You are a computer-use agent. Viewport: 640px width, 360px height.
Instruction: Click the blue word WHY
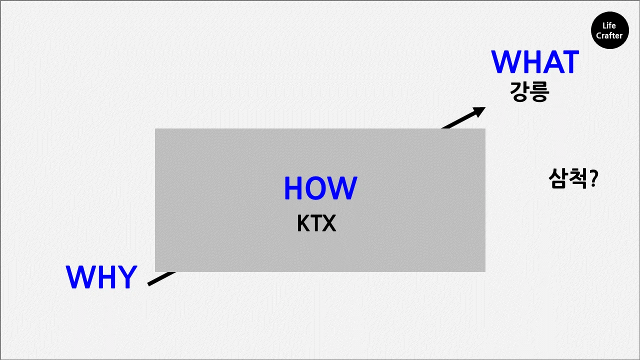pos(101,277)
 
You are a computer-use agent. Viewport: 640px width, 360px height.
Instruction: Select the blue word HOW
pos(320,188)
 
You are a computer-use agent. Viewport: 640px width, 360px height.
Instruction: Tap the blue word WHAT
pos(534,62)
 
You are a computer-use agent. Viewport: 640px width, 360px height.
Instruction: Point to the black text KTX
pos(316,224)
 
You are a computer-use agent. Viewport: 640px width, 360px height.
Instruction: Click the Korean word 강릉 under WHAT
pos(529,92)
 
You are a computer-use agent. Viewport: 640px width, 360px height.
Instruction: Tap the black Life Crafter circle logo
pos(609,30)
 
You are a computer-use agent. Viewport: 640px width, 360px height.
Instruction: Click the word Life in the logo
pos(609,25)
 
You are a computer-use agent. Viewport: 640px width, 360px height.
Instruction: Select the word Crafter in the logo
pos(609,35)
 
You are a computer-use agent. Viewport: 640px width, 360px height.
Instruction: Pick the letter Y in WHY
pos(127,277)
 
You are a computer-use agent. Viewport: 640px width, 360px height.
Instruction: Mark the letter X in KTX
pos(328,224)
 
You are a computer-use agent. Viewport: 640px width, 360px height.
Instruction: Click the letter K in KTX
pos(303,224)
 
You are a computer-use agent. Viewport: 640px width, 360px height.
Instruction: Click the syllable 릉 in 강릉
pos(539,92)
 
